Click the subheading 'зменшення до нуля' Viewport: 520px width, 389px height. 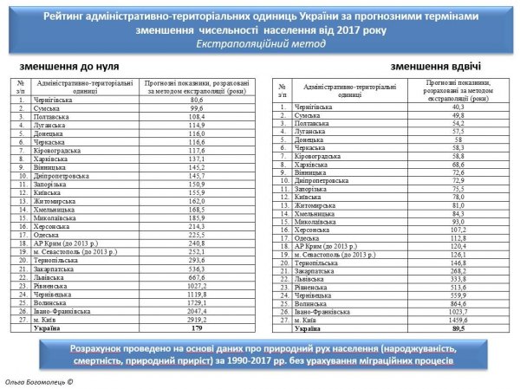(x=70, y=66)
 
